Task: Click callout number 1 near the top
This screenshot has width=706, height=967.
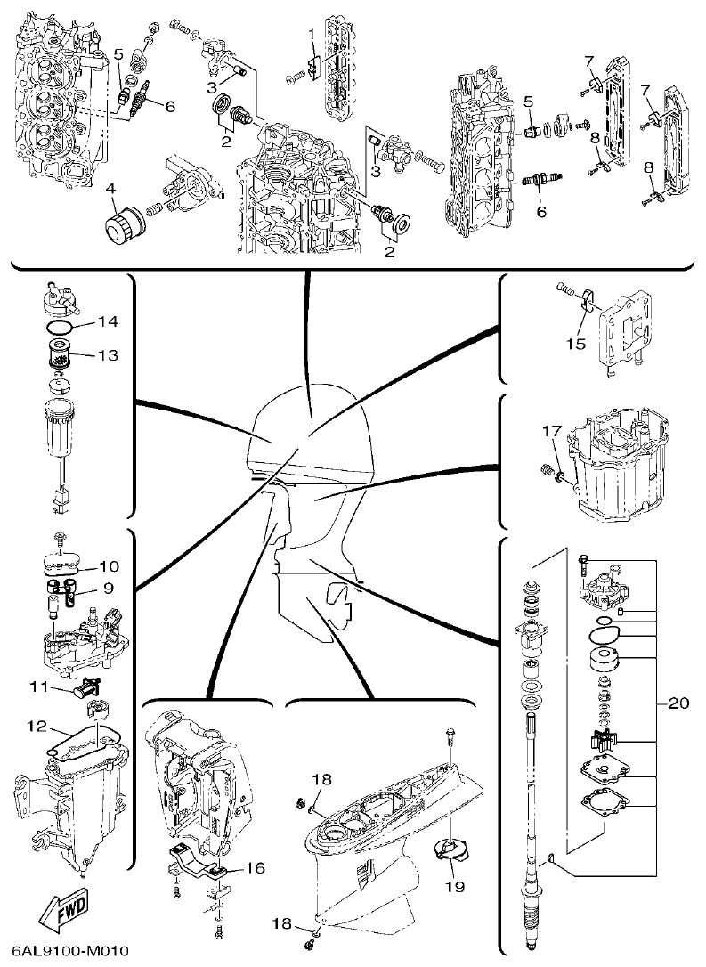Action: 312,34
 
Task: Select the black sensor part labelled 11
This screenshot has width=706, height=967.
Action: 88,687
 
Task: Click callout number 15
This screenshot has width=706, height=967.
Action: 577,343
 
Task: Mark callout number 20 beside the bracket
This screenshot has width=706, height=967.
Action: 678,703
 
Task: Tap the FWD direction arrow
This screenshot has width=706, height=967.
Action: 57,906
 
